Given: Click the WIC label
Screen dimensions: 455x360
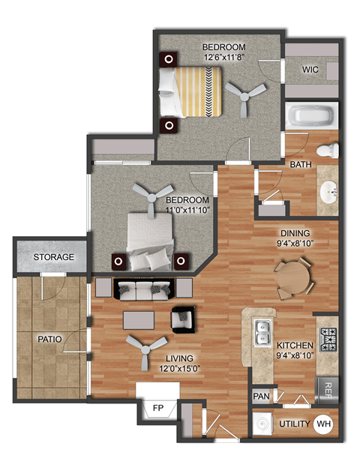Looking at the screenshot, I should [311, 70].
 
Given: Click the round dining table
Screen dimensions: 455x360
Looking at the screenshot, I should [292, 277].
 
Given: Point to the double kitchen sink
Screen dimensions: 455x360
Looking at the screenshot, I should [262, 332].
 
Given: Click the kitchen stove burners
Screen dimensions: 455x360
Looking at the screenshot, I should [329, 339].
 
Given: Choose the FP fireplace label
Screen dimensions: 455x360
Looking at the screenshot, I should [158, 409].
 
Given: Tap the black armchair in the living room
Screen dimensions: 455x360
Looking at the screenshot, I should [182, 319].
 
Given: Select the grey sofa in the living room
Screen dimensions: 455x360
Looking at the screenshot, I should [145, 290].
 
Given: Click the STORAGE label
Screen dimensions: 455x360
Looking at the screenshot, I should [53, 257].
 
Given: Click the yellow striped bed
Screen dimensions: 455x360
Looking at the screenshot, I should [197, 91].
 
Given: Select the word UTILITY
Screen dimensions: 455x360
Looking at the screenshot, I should [294, 424].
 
